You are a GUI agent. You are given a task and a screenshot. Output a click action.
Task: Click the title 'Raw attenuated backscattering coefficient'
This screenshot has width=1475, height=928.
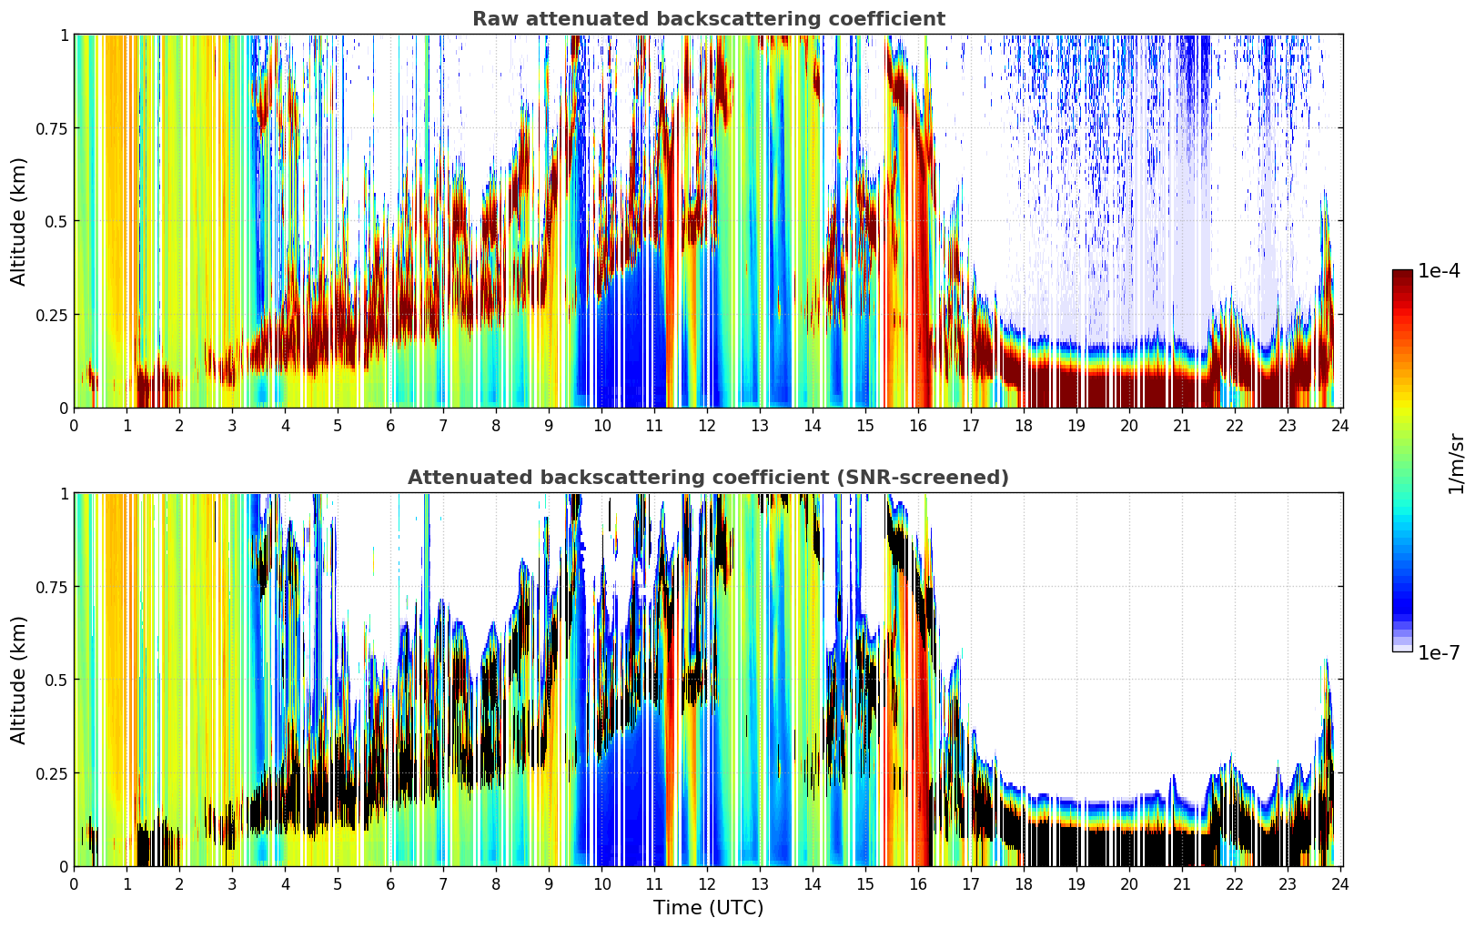pos(708,19)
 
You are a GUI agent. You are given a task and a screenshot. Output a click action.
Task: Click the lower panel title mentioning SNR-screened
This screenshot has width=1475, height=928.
pos(708,478)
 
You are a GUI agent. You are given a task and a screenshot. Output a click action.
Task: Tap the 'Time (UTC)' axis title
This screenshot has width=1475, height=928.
pos(708,908)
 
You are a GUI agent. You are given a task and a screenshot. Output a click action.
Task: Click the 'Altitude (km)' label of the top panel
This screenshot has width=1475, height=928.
pos(19,221)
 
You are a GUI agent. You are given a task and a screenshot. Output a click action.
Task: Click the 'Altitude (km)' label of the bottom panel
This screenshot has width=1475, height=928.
pos(19,680)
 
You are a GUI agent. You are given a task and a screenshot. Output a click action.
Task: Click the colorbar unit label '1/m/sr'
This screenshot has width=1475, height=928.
pos(1456,463)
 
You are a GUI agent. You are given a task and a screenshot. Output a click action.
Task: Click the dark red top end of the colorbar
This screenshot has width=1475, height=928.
pos(1402,274)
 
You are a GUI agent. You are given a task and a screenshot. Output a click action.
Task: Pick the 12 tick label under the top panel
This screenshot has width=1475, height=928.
pos(707,425)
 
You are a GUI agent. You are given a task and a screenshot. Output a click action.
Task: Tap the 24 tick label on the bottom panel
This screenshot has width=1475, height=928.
pos(1340,883)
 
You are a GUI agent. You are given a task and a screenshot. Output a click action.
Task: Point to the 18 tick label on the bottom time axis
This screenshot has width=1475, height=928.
pos(1024,883)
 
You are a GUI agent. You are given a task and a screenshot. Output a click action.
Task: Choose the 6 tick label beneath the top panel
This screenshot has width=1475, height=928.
pos(390,425)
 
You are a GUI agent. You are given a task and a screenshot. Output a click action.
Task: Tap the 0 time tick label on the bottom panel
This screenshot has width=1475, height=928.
pos(74,883)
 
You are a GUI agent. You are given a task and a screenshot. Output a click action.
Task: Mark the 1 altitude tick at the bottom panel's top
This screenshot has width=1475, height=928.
pos(64,494)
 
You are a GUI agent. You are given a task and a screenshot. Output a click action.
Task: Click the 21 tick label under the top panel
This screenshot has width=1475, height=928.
pos(1182,425)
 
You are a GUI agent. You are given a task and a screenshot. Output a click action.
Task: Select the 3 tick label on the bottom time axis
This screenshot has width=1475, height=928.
pos(232,883)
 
